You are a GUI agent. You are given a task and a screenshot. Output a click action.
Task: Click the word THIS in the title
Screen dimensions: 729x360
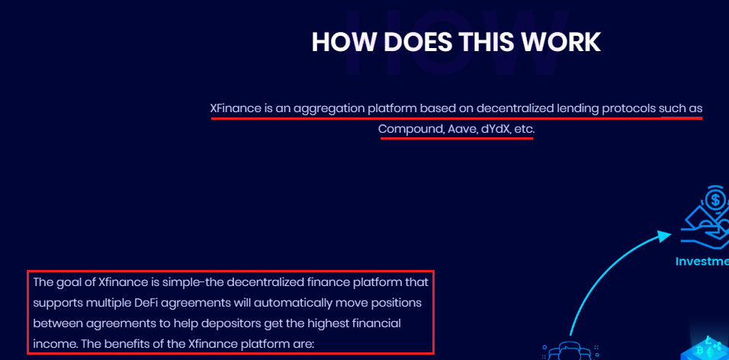click(486, 42)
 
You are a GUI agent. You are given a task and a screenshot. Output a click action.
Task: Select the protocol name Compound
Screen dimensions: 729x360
click(411, 130)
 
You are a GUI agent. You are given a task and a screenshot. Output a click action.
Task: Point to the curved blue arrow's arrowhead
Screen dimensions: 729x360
click(665, 236)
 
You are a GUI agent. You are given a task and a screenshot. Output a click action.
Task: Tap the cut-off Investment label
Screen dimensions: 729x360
click(702, 262)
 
